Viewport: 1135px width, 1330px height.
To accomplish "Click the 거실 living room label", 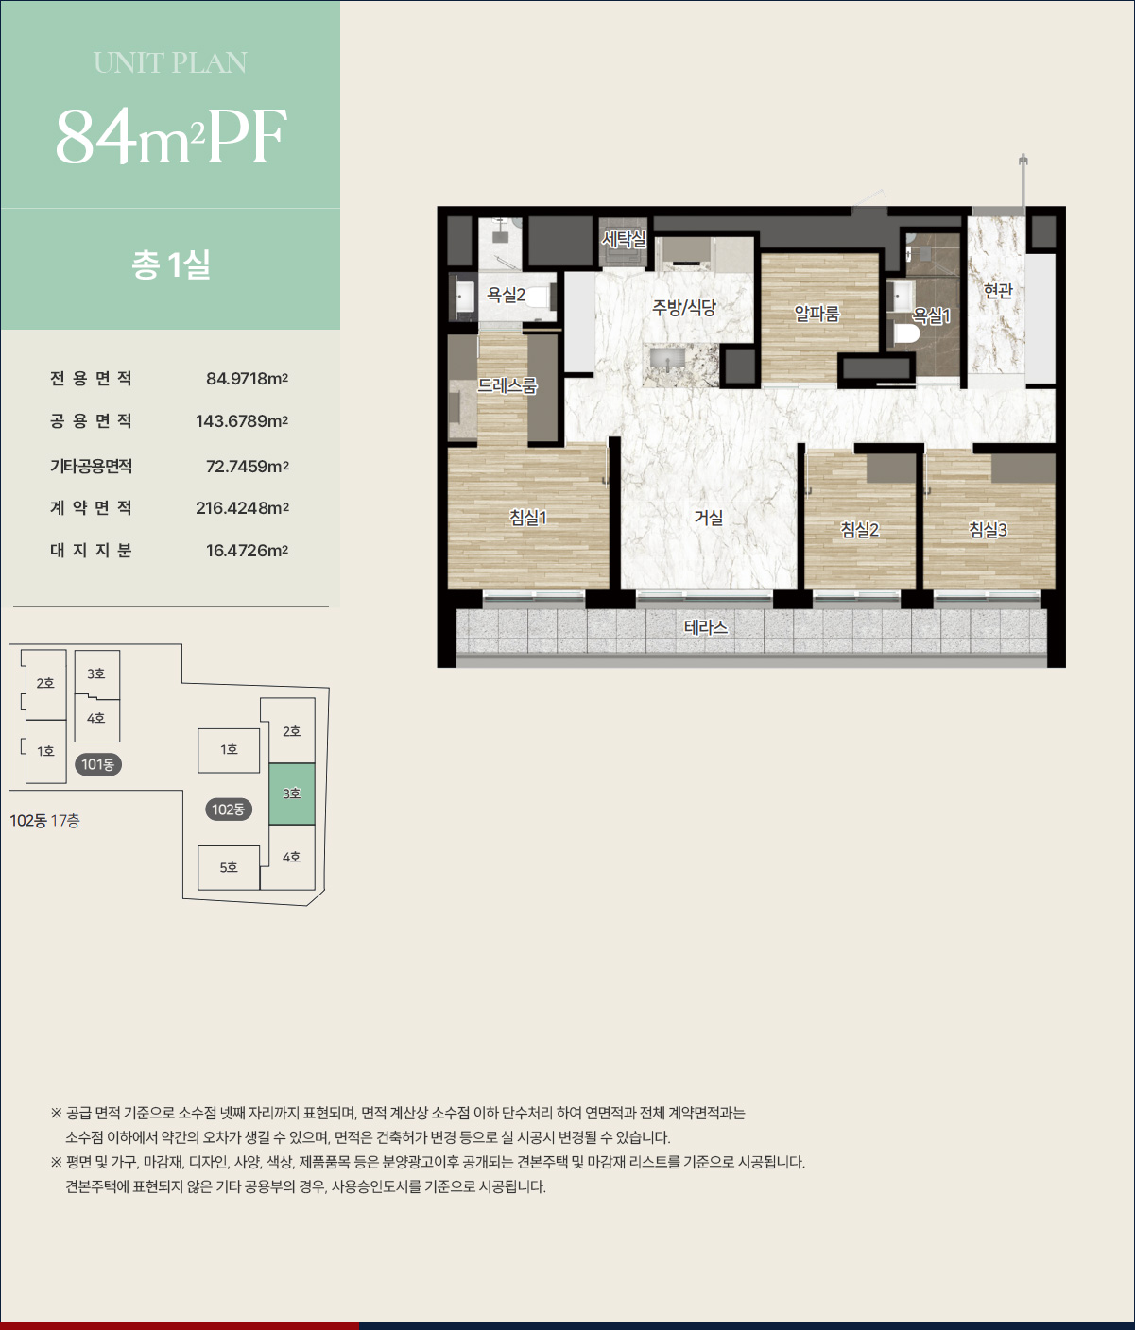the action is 708,518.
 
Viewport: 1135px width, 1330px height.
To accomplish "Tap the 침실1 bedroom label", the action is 528,518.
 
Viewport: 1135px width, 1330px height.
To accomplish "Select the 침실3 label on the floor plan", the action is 988,530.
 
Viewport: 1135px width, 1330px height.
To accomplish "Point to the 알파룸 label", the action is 817,314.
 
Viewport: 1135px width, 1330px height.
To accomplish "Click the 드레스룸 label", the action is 507,385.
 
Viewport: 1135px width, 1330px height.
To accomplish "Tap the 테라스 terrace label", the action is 706,627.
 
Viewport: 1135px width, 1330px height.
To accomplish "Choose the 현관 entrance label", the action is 998,291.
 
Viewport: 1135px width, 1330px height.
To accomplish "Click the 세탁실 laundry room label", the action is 623,239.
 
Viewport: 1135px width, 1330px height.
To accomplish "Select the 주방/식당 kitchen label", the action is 683,308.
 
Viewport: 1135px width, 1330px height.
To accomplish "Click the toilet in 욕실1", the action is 907,334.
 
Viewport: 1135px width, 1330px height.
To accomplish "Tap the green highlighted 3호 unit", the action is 292,794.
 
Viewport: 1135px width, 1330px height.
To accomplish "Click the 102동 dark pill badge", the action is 228,810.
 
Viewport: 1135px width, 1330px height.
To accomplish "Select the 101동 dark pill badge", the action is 98,764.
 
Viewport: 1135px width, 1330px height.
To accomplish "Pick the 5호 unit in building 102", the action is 229,867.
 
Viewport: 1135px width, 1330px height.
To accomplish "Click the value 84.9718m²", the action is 248,379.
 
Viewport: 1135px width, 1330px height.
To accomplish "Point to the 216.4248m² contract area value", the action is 242,507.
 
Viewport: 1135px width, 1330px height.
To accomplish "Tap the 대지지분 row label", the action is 91,550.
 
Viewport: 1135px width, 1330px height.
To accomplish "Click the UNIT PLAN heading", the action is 170,63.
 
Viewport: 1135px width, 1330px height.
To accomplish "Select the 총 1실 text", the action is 171,264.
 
